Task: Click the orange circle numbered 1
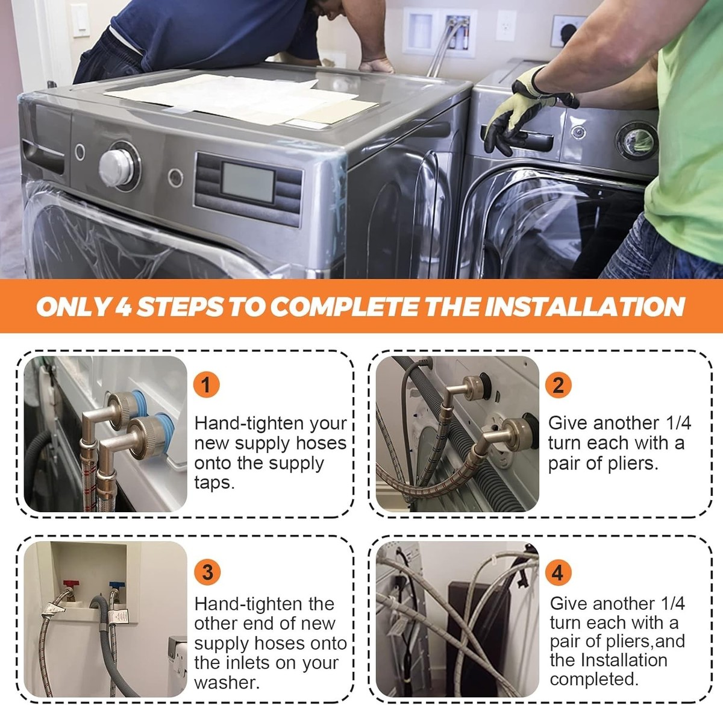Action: point(206,384)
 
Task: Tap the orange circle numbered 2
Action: point(558,384)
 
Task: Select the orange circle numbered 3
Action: point(207,572)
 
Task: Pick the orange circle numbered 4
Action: point(558,572)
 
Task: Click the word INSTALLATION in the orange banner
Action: point(585,307)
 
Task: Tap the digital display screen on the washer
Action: point(248,183)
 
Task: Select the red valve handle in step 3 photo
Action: point(69,583)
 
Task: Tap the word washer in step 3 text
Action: point(227,683)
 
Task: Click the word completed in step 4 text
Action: point(594,679)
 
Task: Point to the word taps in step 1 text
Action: point(214,483)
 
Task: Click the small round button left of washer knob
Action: point(80,152)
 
